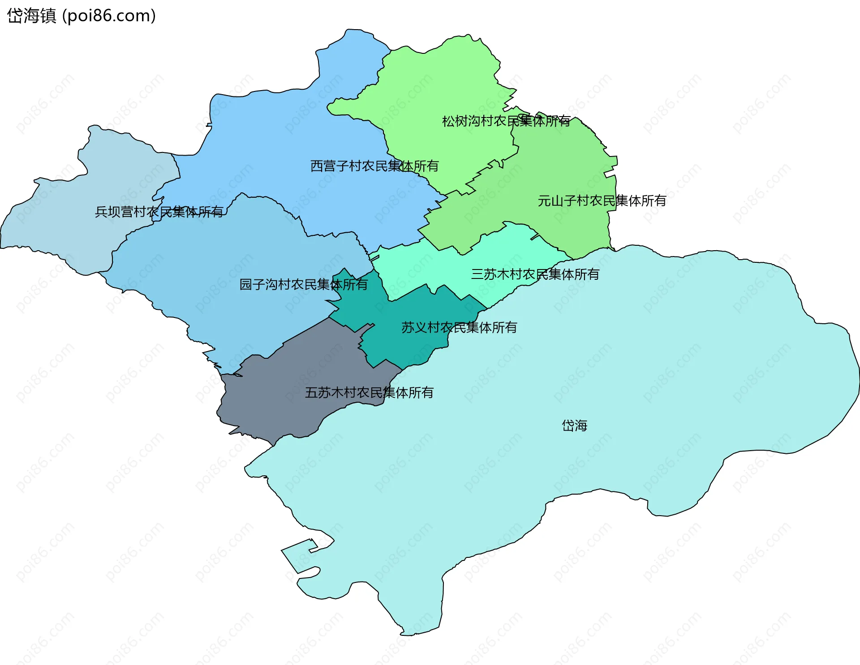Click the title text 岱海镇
coord(31,16)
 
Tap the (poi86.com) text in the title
coord(109,16)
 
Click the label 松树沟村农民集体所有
coord(506,121)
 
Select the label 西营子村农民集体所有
coord(374,166)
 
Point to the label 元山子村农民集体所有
coord(602,201)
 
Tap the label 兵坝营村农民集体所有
coord(159,212)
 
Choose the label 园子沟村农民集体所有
coord(303,285)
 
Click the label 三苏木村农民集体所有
coord(535,274)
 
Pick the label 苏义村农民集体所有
coord(459,328)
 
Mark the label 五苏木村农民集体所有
coord(369,393)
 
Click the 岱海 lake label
coord(574,426)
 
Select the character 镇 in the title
coord(48,16)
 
